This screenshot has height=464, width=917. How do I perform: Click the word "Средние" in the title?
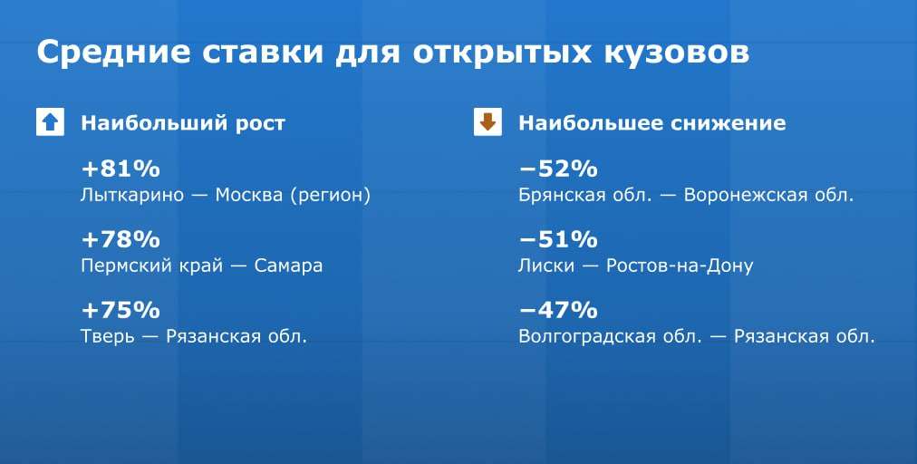click(113, 53)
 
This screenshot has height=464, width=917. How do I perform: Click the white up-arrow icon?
click(51, 122)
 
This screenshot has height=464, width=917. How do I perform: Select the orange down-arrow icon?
click(487, 122)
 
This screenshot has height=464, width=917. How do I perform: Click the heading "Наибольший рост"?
click(183, 123)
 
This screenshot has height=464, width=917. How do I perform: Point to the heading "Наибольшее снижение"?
click(652, 123)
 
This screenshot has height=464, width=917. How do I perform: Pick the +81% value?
click(121, 169)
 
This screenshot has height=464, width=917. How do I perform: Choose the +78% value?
click(121, 239)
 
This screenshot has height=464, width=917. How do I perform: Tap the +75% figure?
click(121, 310)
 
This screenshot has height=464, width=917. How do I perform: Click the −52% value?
click(558, 169)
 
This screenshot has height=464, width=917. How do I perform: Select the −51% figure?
click(558, 239)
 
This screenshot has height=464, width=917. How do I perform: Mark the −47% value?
click(558, 310)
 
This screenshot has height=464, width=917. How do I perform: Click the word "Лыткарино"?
click(132, 195)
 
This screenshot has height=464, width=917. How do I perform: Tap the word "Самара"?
click(288, 266)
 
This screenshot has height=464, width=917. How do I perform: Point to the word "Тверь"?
click(107, 336)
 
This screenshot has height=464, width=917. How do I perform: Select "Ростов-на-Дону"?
click(680, 266)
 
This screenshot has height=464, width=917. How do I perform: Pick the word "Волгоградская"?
click(586, 336)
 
